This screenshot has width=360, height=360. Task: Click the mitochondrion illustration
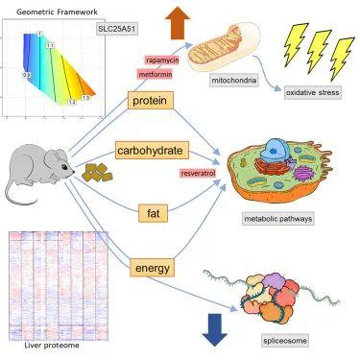coord(222,54)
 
